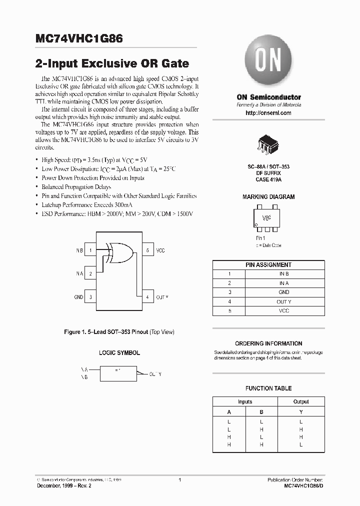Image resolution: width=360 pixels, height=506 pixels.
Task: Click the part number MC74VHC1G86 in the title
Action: [79, 38]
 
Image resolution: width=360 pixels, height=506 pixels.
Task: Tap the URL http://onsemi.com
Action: [268, 113]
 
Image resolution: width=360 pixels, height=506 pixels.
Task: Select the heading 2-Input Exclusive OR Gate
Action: [112, 63]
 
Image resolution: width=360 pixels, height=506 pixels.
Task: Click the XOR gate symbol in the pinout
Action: [119, 252]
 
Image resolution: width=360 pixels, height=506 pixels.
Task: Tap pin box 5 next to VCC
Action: [147, 250]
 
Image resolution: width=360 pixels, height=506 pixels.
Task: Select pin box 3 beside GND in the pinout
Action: [90, 297]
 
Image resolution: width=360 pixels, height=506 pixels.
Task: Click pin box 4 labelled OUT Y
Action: [147, 297]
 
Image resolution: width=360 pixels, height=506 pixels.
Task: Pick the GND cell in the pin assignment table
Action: [283, 292]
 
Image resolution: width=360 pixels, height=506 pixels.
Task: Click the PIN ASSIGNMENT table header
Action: [268, 265]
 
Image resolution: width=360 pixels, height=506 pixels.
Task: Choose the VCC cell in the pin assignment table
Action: [283, 311]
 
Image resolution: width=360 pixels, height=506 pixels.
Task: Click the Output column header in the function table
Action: [300, 401]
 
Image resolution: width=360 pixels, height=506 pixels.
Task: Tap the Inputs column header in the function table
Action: [245, 401]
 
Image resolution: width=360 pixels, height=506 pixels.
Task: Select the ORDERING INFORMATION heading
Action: [268, 343]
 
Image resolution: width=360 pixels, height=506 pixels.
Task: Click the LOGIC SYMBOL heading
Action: [119, 352]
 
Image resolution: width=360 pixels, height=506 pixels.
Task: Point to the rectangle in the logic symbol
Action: [118, 372]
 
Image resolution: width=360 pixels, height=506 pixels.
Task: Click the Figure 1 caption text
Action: [119, 332]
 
